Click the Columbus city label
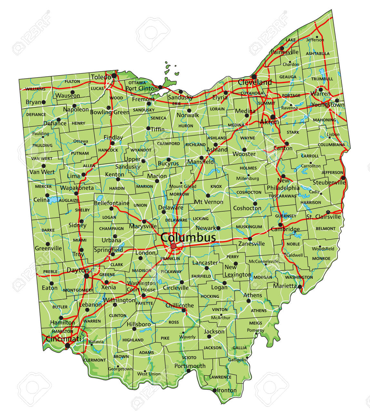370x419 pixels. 188,238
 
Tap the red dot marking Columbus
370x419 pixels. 174,246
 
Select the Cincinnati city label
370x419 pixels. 64,339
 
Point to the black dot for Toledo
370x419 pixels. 114,76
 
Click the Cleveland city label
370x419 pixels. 255,82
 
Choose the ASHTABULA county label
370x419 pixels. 318,54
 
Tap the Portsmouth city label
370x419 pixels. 190,366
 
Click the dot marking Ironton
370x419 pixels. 215,390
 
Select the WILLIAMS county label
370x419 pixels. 35,89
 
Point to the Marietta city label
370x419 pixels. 285,286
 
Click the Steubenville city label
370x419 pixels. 329,183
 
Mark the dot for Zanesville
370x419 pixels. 250,239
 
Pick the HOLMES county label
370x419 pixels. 248,168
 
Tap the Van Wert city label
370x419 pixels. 42,172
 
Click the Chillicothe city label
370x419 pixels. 180,305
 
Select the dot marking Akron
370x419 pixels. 273,117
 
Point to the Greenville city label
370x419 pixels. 48,248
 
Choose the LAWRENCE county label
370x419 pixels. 220,377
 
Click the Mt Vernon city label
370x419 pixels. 209,202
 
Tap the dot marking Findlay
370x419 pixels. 113,143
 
